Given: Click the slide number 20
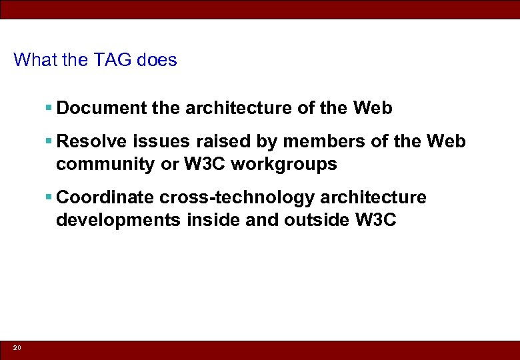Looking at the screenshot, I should pos(17,348).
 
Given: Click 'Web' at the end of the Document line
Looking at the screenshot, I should pos(373,108).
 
